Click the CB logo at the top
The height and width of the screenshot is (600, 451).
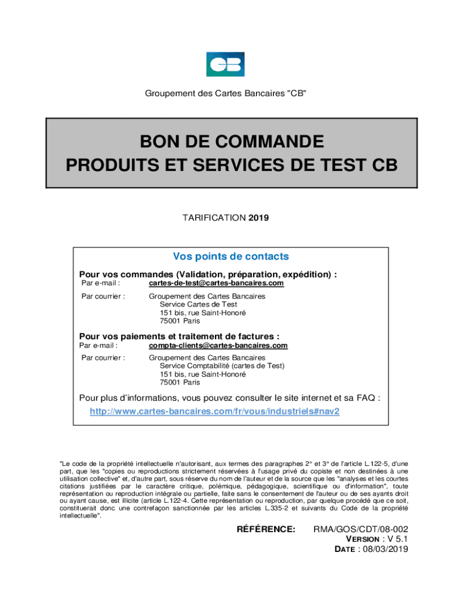pos(225,64)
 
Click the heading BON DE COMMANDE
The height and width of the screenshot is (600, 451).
pos(231,142)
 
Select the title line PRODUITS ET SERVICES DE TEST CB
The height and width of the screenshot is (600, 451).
pos(231,166)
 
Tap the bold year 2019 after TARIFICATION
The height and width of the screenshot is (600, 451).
pos(258,218)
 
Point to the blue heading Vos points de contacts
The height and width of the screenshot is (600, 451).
pos(231,257)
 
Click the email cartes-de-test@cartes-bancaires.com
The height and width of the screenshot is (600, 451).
pos(216,284)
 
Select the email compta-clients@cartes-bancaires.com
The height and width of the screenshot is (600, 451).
pos(218,346)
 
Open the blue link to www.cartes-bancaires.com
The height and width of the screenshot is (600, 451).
pos(214,411)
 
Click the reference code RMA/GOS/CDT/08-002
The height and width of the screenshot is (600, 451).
pos(361,529)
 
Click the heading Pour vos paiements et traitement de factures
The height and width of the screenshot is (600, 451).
pos(179,336)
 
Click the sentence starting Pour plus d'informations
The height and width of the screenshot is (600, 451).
pos(230,398)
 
